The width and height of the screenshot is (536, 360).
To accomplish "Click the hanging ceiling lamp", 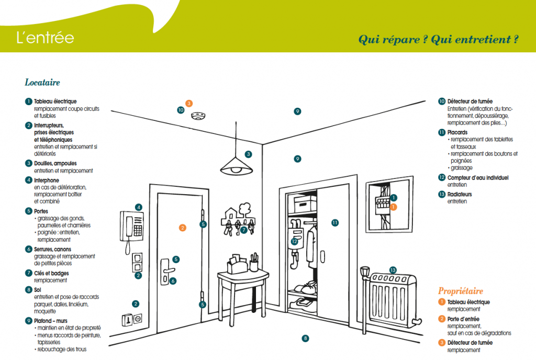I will (x=237, y=166).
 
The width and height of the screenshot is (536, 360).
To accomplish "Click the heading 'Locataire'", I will (x=42, y=83).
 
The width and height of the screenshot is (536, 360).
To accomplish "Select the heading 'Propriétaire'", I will (x=461, y=291).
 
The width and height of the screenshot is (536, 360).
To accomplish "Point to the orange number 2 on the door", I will (x=182, y=228).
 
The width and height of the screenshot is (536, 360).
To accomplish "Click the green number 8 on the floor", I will (x=306, y=338).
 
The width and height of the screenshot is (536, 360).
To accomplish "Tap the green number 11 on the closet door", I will (x=335, y=222).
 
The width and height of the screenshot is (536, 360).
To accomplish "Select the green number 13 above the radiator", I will (x=393, y=270).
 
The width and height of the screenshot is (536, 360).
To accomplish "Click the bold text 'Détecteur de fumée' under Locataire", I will (x=470, y=101).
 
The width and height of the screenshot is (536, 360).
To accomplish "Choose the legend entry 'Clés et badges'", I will (x=51, y=273).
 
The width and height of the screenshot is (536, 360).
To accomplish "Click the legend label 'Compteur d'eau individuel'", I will (x=478, y=178).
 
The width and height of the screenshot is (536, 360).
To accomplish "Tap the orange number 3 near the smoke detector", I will (x=189, y=104).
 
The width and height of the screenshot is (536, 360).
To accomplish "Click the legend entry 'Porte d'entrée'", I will (x=463, y=319).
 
